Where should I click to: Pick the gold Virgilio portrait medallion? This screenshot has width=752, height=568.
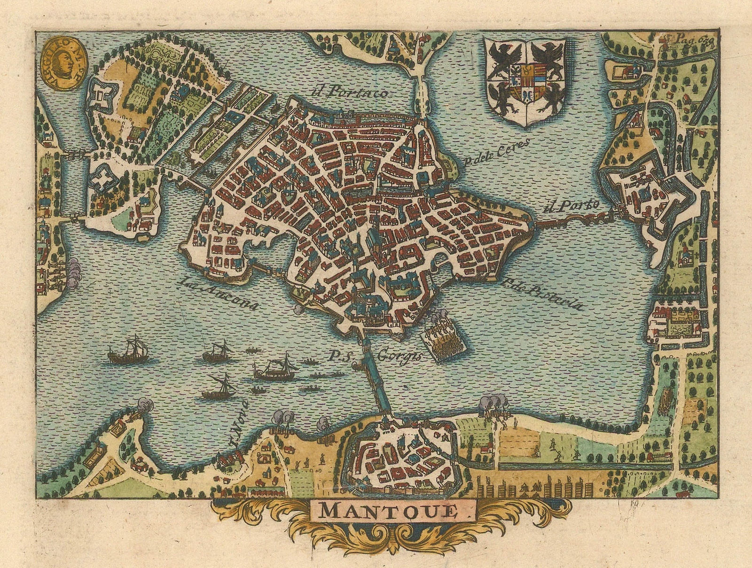point(63,64)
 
